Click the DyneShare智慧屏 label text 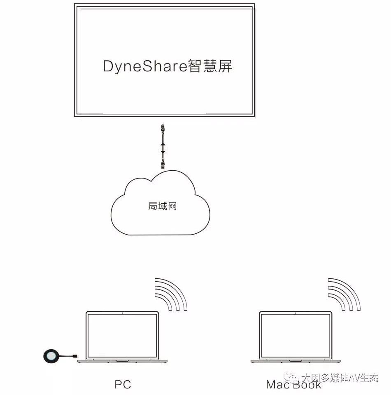pos(167,66)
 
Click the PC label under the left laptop pos(123,384)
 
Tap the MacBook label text pos(293,385)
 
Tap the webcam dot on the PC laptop pos(122,313)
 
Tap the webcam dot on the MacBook pos(296,313)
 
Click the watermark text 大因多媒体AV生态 pos(340,378)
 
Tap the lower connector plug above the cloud pos(163,165)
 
